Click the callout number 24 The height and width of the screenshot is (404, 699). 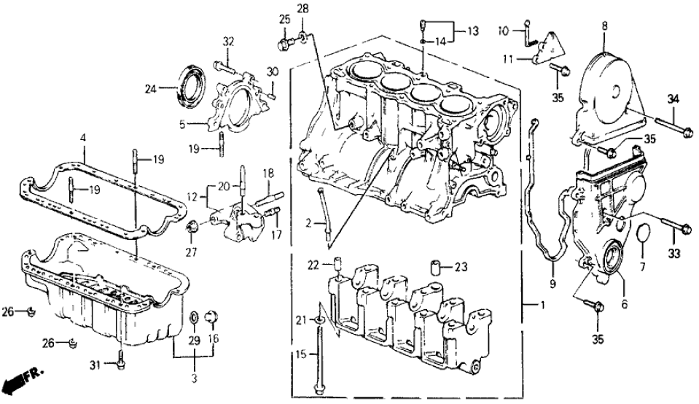(x=150, y=90)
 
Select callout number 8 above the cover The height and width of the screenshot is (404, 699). (x=604, y=27)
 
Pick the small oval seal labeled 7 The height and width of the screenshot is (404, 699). (x=641, y=233)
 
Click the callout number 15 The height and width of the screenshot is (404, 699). (x=305, y=355)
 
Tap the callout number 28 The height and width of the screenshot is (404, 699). (x=302, y=9)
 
